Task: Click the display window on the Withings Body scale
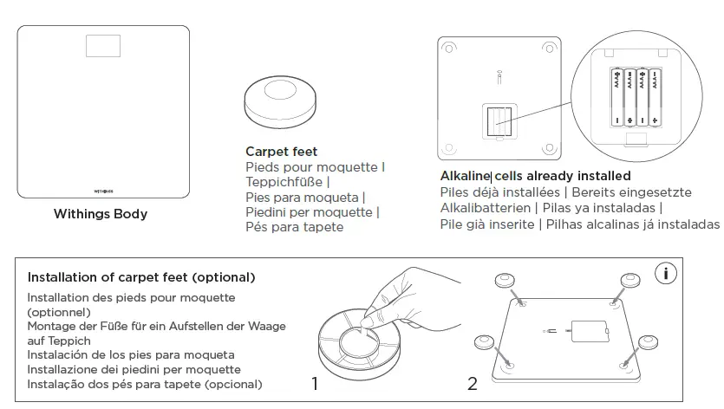click(103, 46)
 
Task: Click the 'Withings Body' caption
click(101, 214)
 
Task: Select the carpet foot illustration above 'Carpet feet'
click(282, 100)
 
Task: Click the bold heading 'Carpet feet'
click(281, 152)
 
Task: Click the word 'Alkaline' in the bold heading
click(466, 177)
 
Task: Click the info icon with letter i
click(666, 274)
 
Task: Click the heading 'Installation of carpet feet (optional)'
click(141, 278)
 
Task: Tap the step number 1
click(317, 382)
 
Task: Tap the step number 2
click(473, 382)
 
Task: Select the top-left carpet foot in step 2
click(505, 282)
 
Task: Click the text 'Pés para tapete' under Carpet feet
click(295, 227)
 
